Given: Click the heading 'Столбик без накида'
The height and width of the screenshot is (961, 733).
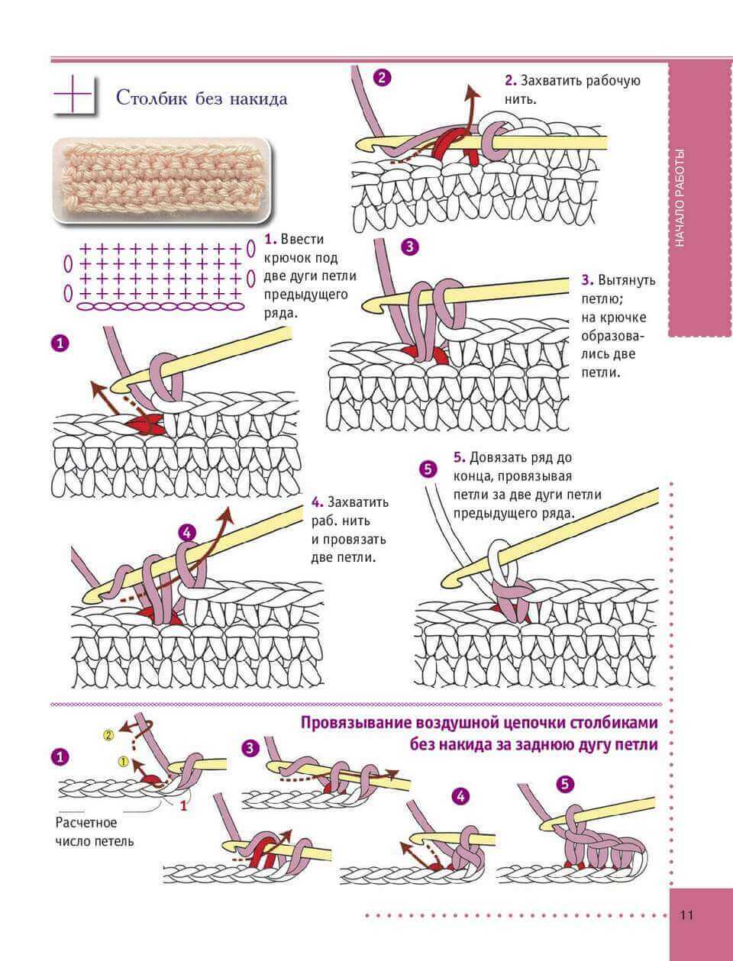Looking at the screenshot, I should pos(201,98).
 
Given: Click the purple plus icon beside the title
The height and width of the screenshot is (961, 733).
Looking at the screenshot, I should pos(74,95).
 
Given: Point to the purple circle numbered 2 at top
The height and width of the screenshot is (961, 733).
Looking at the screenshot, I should pos(382,76).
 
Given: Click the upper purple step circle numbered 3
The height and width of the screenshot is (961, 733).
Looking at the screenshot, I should pos(409,247).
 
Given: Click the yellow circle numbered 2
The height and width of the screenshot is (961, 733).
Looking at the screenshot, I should pos(108,735).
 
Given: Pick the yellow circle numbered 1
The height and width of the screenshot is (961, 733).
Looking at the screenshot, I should pos(123,760).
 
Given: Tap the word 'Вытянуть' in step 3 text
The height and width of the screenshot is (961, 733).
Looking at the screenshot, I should pos(626,280).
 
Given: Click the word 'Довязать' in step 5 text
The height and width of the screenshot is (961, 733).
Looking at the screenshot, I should pos(497,457).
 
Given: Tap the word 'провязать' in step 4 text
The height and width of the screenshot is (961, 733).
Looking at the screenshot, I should pos(348,539).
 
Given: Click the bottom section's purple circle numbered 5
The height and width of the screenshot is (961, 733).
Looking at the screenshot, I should pos(565,783).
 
